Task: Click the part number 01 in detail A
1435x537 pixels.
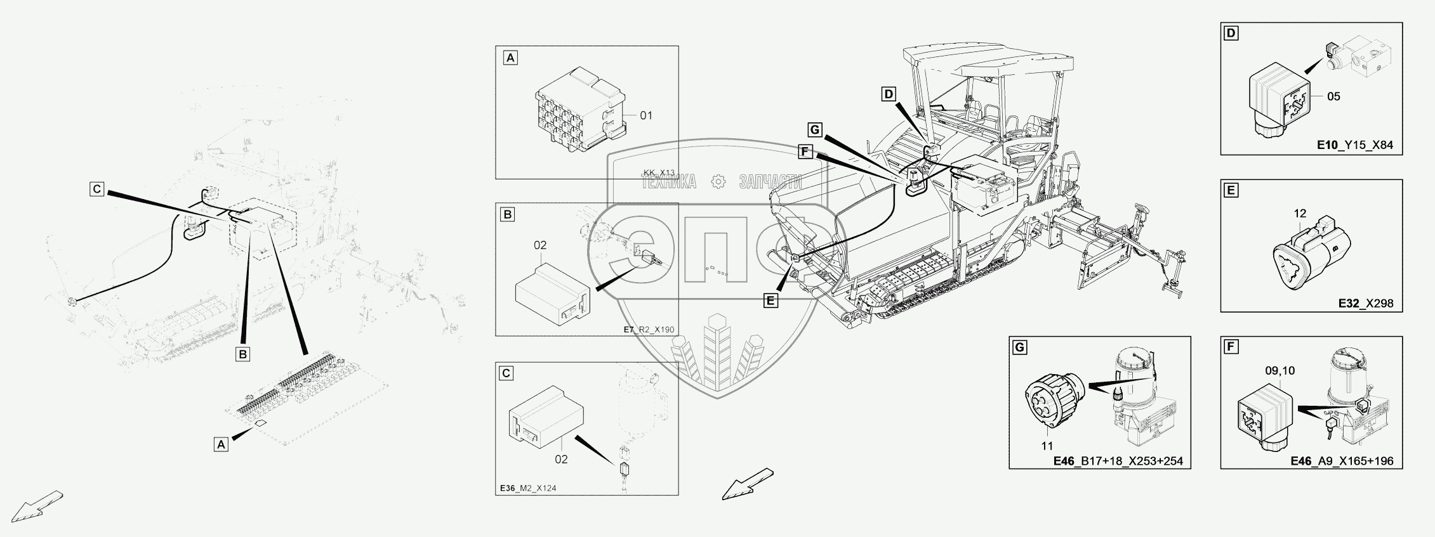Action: coord(645,115)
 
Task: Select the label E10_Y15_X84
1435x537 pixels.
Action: coord(1354,145)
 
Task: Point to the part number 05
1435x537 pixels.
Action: coord(1333,96)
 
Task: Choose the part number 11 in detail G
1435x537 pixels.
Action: coord(1047,446)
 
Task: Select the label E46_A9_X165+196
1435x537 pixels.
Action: coord(1342,461)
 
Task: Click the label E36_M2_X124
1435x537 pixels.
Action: coord(528,488)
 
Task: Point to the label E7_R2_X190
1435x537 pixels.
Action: coord(649,330)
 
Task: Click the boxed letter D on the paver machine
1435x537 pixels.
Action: coord(889,94)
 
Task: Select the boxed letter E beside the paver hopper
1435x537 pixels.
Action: coord(770,301)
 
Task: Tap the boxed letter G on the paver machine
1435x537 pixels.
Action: coord(815,131)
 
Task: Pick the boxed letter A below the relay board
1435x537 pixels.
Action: coord(221,444)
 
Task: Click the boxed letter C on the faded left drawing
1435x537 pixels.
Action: coord(96,189)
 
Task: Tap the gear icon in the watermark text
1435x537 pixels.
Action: coord(718,182)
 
